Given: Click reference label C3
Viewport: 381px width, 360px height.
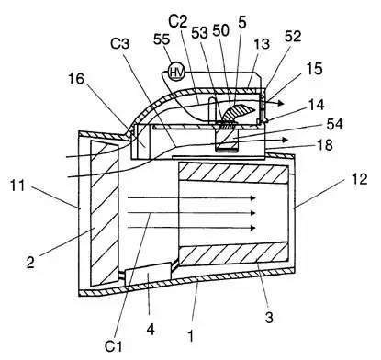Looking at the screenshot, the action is click(x=120, y=44).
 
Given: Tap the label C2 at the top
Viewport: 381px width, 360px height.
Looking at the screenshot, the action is click(x=178, y=21).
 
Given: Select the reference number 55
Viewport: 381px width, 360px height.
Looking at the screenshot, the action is click(x=162, y=39).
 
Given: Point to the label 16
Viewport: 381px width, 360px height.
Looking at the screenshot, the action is click(x=75, y=79).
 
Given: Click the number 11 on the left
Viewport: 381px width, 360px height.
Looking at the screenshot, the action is click(x=17, y=186).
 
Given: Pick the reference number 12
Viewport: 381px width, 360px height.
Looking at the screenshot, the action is click(x=359, y=179).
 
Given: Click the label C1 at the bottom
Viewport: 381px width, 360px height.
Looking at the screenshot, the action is click(x=113, y=346).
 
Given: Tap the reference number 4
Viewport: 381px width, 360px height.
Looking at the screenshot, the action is click(x=151, y=330).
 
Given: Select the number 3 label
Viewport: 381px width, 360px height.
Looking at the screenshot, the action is click(x=269, y=318).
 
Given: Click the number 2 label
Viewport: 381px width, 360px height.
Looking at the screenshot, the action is click(x=30, y=263).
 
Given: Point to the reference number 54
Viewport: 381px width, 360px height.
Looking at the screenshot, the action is click(x=334, y=124).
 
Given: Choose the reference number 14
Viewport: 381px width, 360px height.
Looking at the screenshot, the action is click(x=316, y=105).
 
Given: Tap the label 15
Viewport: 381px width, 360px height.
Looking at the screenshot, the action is click(x=314, y=69).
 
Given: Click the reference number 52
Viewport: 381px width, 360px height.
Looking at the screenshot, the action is click(x=293, y=37).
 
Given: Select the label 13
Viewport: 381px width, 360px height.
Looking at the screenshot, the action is click(x=262, y=44).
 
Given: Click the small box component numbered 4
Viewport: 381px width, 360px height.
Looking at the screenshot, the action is click(x=148, y=275).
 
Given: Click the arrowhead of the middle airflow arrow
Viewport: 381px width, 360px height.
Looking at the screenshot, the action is click(x=252, y=213).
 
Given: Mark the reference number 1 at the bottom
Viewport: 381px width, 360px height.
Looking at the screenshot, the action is click(x=190, y=336).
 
